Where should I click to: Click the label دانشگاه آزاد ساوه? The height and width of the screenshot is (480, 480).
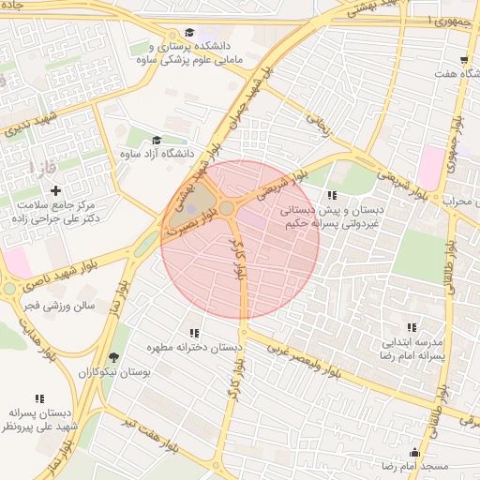tap(165, 153)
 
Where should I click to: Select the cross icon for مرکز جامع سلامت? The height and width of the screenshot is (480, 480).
tap(56, 190)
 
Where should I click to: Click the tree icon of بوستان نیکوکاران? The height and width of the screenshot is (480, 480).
tap(114, 357)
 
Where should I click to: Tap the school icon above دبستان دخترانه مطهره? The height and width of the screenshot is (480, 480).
tap(194, 333)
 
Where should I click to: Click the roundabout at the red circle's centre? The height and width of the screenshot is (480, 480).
tap(227, 208)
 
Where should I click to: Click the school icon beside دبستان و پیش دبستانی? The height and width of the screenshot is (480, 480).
tap(332, 196)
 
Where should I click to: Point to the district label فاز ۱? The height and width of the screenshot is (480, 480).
tap(41, 168)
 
